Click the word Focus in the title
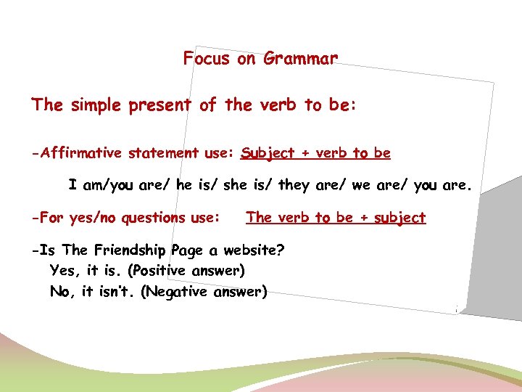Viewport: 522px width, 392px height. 207,58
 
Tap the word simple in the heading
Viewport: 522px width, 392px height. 97,105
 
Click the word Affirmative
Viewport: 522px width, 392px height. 83,153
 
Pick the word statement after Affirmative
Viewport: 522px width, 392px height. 163,153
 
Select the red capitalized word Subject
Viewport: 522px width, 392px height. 268,154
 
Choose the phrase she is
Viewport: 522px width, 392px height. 246,185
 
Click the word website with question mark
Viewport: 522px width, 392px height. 254,250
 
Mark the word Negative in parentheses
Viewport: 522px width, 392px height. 177,293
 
